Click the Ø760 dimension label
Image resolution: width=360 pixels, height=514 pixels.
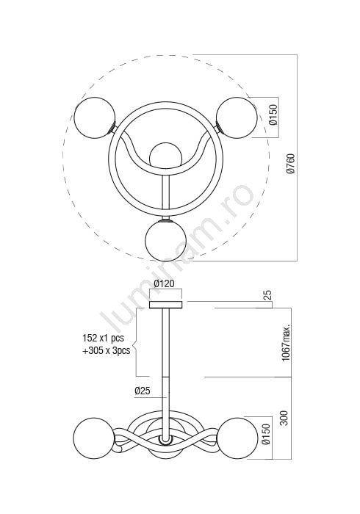[x=291, y=163]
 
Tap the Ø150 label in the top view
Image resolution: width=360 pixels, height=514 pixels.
[x=273, y=115]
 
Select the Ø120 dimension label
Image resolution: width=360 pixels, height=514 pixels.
[x=165, y=283]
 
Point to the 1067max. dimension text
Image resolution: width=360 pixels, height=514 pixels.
[x=287, y=343]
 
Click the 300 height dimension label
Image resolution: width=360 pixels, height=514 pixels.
[x=284, y=418]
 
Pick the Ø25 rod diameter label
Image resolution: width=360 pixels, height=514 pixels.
[x=143, y=391]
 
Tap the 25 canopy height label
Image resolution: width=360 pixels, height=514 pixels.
[x=267, y=294]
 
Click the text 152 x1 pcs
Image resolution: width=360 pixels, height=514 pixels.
[x=104, y=338]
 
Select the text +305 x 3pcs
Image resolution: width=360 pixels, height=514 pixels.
[x=106, y=350]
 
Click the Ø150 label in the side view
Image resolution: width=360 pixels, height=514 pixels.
[x=266, y=434]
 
